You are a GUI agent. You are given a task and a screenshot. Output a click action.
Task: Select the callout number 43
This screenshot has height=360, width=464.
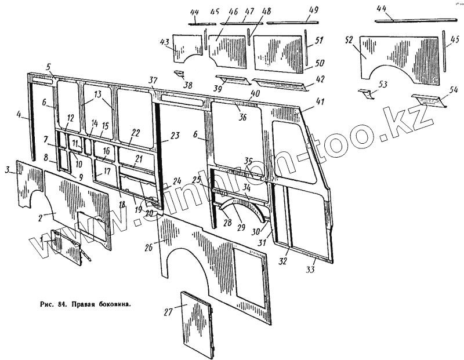click(x=165, y=43)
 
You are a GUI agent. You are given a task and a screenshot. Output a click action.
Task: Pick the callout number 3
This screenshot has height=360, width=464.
click(x=8, y=169)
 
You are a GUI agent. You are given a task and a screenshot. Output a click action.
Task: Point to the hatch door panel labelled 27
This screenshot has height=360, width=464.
click(x=197, y=325)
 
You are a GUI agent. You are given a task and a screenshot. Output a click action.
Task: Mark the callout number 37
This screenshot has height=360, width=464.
click(x=153, y=80)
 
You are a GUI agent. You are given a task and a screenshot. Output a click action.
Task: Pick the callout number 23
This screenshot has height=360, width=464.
click(x=176, y=136)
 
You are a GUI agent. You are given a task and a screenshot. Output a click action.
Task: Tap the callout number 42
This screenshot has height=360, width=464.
click(x=320, y=79)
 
